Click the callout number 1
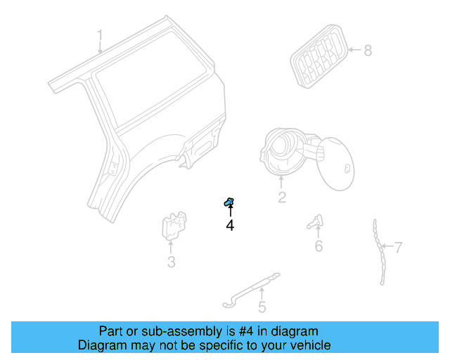[x=100, y=34]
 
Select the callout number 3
[x=171, y=263]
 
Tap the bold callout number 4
[x=230, y=225]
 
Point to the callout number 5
[x=262, y=307]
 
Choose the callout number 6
[x=319, y=246]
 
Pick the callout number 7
[x=398, y=247]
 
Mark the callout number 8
[x=368, y=50]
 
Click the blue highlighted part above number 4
[x=229, y=202]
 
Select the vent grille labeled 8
[x=319, y=56]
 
